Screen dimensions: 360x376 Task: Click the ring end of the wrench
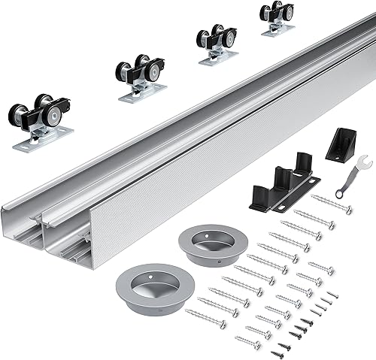[x=339, y=189]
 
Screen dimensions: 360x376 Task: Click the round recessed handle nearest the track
[x=204, y=244]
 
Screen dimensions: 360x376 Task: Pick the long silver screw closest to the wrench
[x=331, y=204]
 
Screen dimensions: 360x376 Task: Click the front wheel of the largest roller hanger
[x=18, y=115]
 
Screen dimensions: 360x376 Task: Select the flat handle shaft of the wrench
[x=350, y=175]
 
